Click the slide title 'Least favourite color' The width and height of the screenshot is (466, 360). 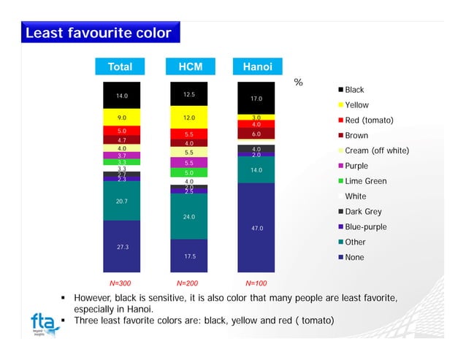point(98,34)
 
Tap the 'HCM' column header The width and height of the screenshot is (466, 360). point(190,66)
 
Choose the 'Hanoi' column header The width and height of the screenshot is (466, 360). point(257,66)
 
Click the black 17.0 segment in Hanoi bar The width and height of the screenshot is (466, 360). point(256,98)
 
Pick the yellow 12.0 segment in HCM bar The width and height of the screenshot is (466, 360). point(188,117)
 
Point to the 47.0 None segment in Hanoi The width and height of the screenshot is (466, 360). point(256,228)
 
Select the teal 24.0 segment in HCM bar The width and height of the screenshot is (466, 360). point(188,216)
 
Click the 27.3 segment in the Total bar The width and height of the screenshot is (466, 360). point(122,247)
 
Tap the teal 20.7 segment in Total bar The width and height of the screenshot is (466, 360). point(122,200)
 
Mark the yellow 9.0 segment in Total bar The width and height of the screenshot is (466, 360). point(122,117)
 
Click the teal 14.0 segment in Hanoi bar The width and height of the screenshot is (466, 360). point(256,170)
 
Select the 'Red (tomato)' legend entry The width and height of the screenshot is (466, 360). point(369,120)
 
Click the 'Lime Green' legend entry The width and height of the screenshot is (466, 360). point(365,181)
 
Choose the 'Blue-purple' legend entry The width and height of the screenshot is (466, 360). point(365,227)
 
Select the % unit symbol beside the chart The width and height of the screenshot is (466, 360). point(298,83)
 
